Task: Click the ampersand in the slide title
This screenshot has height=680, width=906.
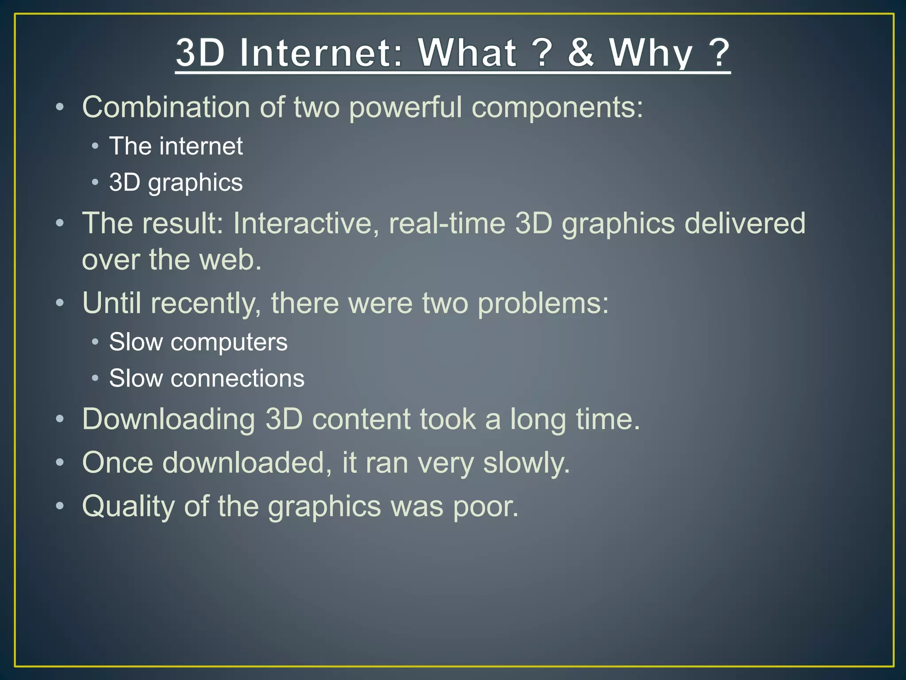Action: coord(580,53)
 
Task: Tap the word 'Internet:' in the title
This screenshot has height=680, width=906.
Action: coord(321,53)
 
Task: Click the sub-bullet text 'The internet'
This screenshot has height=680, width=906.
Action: coord(176,146)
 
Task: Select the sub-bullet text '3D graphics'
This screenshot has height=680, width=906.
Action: coord(176,182)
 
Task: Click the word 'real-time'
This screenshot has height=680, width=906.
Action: coord(447,223)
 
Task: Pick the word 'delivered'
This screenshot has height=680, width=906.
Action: coord(745,223)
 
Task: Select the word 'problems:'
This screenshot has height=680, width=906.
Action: coord(543,304)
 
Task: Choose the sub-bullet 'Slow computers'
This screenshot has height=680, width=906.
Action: coord(198,342)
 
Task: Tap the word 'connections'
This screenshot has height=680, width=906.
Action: coord(238,379)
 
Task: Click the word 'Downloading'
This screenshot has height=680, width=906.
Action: coord(169,419)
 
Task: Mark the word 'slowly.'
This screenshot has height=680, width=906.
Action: coord(526,463)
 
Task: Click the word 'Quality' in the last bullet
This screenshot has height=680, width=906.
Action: coord(128,506)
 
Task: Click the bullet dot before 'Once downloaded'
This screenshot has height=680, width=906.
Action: coord(60,463)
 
